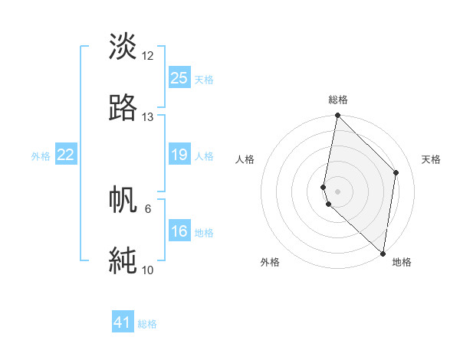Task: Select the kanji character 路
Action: coord(123,107)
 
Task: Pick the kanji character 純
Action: coord(123,260)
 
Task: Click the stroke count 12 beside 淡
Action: coord(148,56)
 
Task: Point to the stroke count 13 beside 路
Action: coord(148,117)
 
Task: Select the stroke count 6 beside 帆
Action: coord(148,208)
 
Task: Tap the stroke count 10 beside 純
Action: coord(148,270)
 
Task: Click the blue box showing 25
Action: coord(179,78)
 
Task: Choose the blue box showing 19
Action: coord(179,155)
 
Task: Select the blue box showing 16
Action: coord(179,232)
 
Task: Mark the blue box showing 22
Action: coord(66,155)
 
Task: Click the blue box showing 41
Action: coord(123,323)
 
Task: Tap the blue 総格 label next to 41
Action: coord(147,325)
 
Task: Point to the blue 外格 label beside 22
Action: coord(41,156)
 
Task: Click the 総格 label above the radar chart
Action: coord(338,100)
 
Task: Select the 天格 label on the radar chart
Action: coord(431,159)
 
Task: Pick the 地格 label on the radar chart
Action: coord(402,262)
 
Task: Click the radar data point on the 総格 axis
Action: coord(337,116)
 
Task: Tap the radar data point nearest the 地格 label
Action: coord(383,254)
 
